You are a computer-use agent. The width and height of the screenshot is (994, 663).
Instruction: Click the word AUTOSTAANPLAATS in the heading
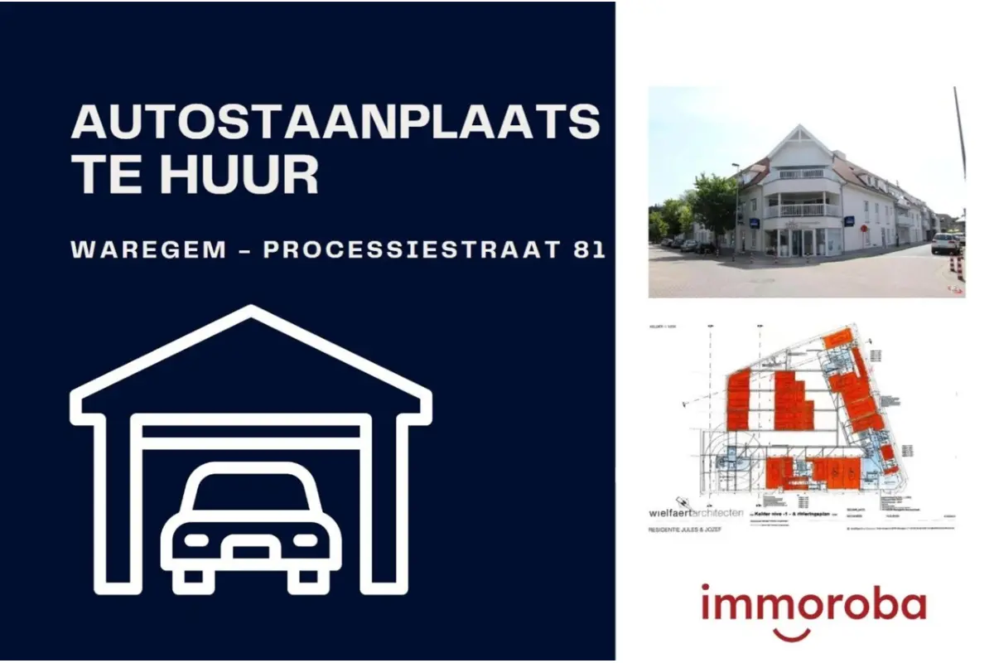335,123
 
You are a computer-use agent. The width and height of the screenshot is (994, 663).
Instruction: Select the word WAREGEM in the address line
149,250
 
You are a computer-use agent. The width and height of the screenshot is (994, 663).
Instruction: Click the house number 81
590,250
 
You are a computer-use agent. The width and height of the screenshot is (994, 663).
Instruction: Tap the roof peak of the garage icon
250,313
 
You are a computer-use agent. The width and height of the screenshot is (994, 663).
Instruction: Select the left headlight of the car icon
196,540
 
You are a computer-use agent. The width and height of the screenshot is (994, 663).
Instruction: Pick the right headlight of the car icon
306,540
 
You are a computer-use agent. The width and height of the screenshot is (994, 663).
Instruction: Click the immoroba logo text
813,604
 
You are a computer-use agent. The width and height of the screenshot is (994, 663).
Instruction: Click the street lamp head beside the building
733,166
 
